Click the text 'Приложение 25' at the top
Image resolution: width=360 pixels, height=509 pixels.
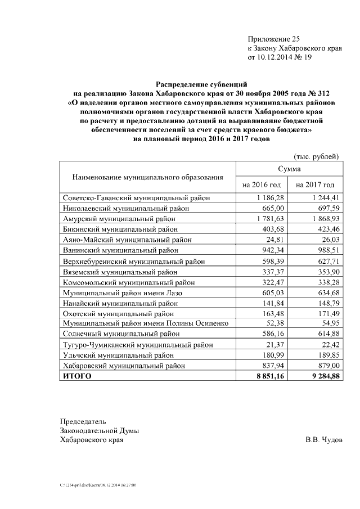(x=274, y=39)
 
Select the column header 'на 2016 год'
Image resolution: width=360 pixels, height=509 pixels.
(x=261, y=184)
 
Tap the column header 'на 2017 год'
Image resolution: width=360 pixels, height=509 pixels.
(x=315, y=184)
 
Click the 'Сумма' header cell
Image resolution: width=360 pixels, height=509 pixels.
(x=289, y=169)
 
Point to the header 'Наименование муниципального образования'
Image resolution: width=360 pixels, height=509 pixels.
(x=147, y=177)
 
